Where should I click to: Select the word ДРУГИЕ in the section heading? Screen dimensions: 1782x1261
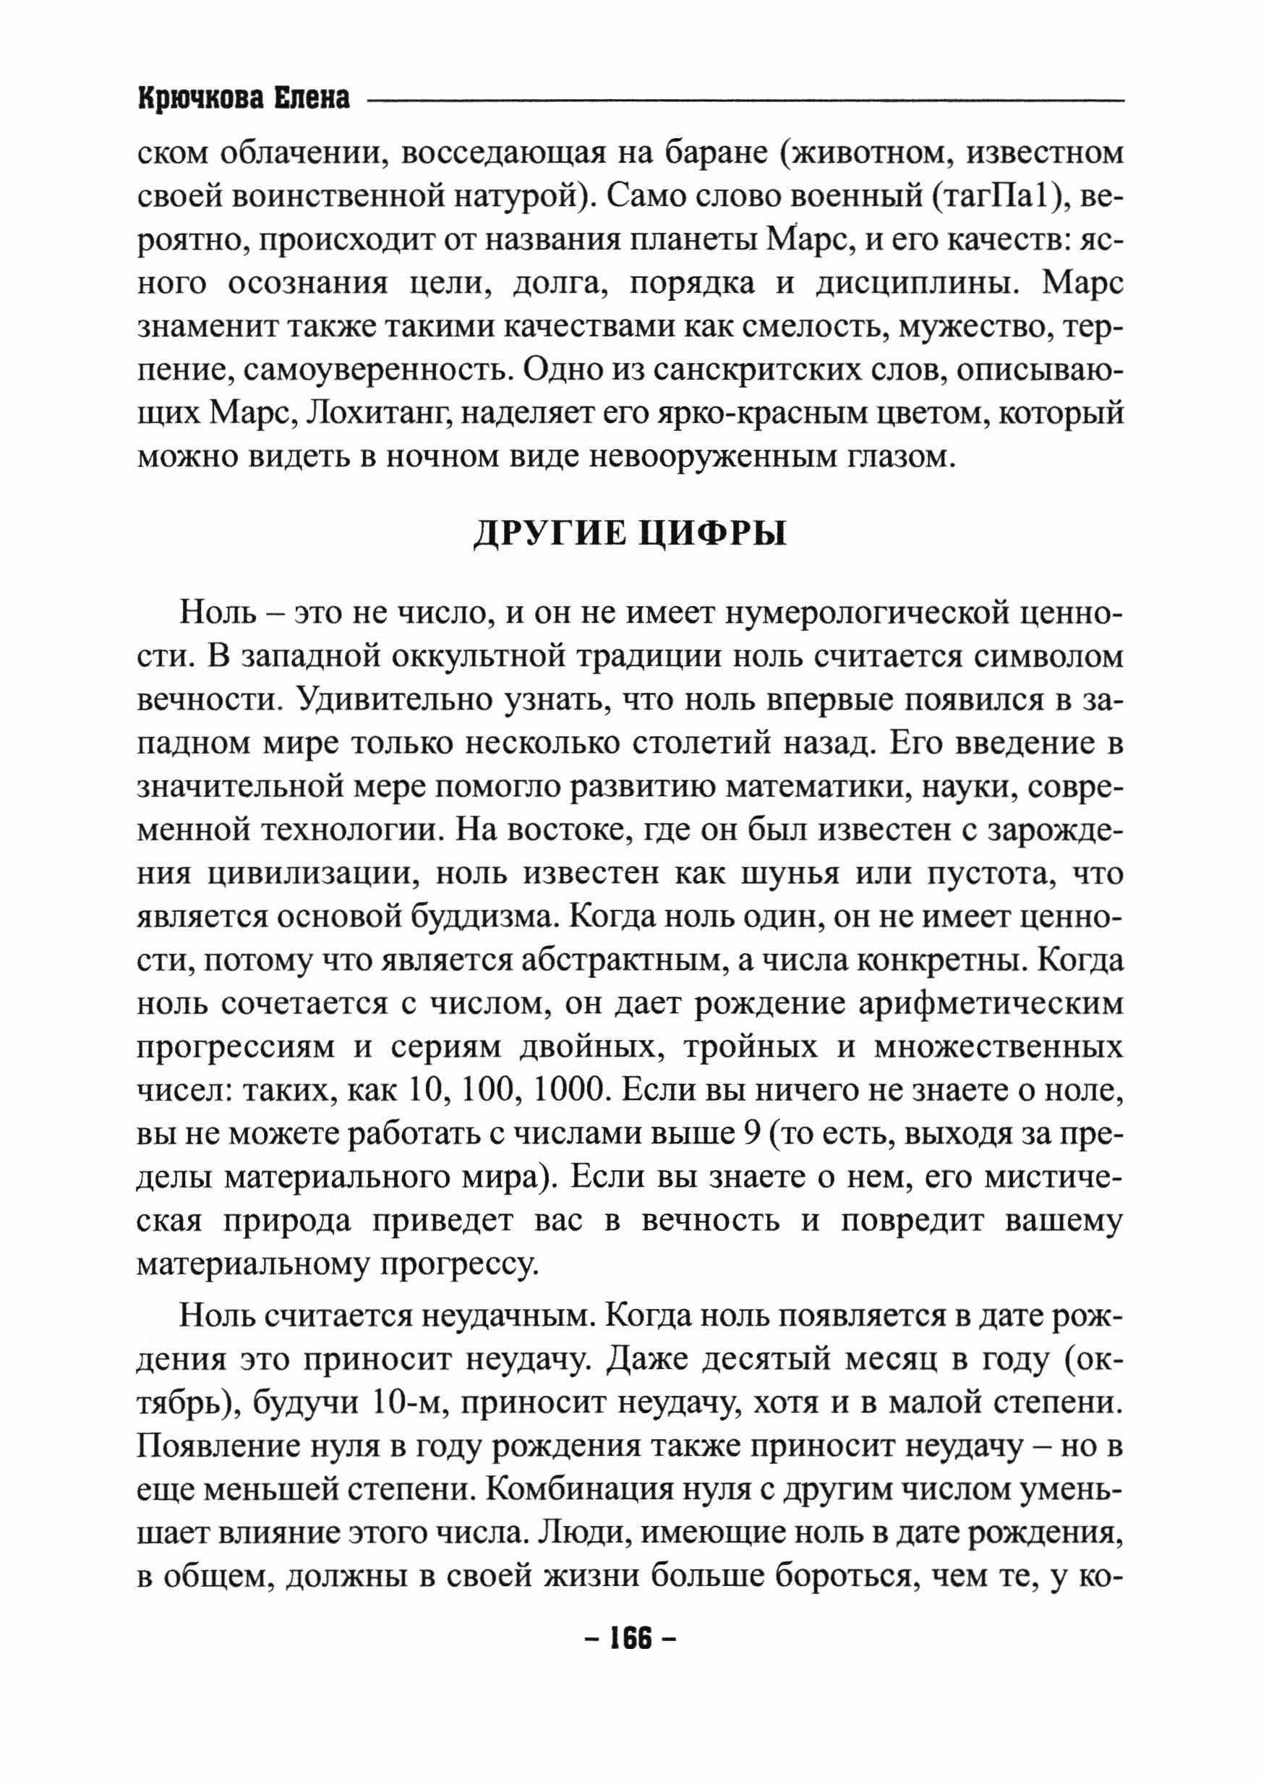pyautogui.click(x=548, y=534)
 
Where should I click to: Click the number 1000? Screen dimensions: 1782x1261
pyautogui.click(x=569, y=1090)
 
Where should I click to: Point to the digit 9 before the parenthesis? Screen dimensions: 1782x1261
pyautogui.click(x=750, y=1134)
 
